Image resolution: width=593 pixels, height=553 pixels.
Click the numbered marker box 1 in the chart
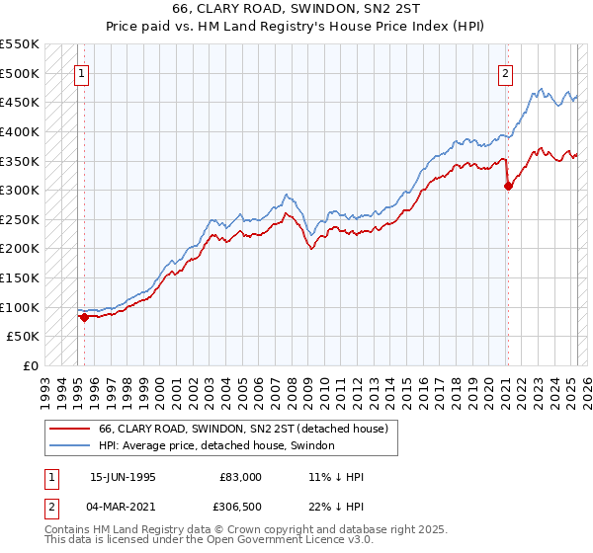click(x=81, y=71)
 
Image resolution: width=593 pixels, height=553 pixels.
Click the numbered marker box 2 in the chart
click(x=505, y=71)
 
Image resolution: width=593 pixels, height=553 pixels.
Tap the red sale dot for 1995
click(x=84, y=317)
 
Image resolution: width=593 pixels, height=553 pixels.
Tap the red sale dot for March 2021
click(x=508, y=186)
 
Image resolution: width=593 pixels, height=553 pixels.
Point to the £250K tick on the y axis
click(x=21, y=219)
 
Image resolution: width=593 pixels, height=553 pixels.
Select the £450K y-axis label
click(x=21, y=102)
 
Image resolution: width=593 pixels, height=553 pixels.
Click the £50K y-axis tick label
click(x=25, y=337)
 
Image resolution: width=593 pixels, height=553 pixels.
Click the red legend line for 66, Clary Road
click(x=71, y=429)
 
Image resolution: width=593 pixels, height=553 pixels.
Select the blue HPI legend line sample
click(x=71, y=446)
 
